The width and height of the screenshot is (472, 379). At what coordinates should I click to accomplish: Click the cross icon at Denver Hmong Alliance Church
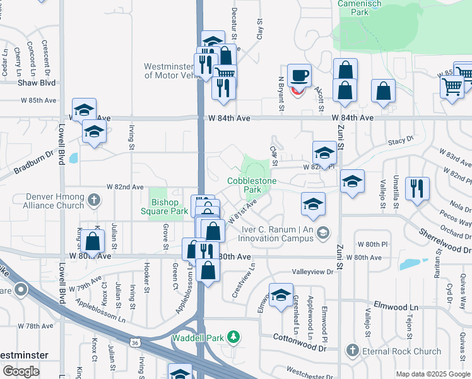(93, 201)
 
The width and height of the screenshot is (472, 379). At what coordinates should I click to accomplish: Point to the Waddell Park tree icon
(233, 335)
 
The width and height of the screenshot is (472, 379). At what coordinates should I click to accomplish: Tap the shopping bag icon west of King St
(92, 241)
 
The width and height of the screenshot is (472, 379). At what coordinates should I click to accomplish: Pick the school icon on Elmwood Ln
(281, 294)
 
